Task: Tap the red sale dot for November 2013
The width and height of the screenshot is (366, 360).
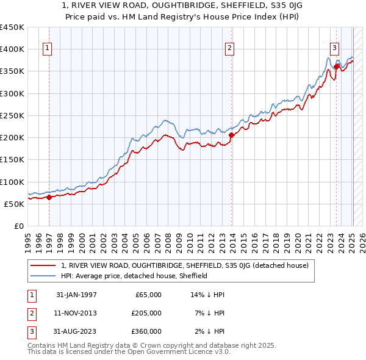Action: tap(232, 135)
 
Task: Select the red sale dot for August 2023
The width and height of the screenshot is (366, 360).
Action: tap(336, 67)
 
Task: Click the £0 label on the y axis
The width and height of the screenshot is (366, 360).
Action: tap(18, 226)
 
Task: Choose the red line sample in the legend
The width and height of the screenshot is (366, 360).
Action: tap(44, 265)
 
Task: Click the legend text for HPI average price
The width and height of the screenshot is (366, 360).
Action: tap(134, 276)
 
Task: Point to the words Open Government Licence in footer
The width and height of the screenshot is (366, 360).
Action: tap(167, 352)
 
